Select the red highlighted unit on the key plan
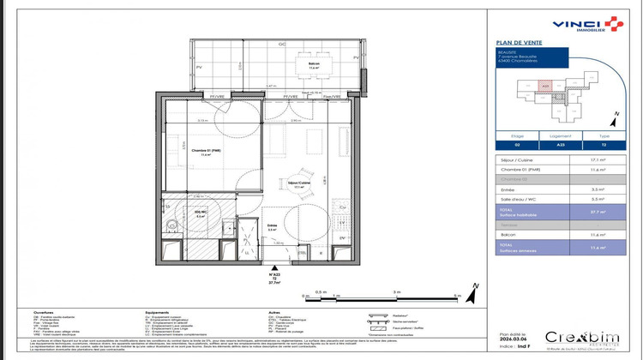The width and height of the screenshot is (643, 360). click(545, 85)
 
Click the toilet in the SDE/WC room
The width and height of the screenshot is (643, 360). click(172, 224)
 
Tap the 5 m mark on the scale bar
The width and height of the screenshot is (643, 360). click(457, 293)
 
